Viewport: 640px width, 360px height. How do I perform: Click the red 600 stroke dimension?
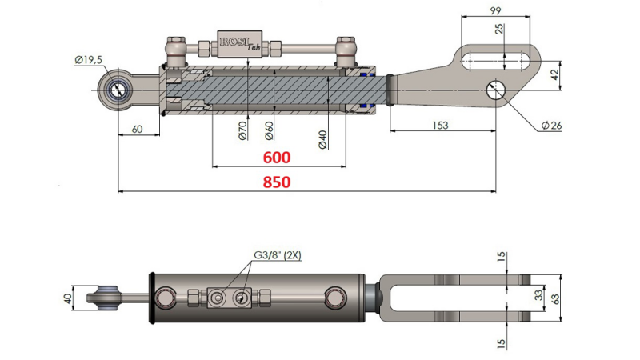click(x=275, y=158)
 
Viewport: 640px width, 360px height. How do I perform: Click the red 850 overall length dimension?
click(x=275, y=182)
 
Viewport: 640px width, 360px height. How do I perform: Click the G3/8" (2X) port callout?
click(x=277, y=256)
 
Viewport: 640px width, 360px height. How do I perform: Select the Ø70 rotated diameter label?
click(x=242, y=130)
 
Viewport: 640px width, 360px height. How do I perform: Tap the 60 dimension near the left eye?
click(x=137, y=128)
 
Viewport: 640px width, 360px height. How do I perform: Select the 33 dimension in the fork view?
click(x=538, y=294)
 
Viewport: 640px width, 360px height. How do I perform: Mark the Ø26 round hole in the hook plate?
click(x=496, y=90)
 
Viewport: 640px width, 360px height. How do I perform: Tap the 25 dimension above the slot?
click(x=500, y=30)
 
